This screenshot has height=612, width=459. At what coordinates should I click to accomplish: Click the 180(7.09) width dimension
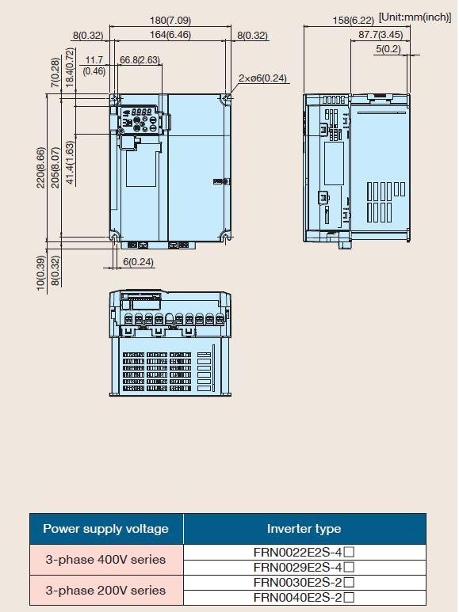(x=170, y=20)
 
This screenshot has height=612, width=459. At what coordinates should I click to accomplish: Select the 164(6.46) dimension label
(x=170, y=35)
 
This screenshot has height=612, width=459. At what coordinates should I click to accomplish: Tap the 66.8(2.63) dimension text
(x=140, y=59)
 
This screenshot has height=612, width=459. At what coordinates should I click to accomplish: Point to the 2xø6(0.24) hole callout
(x=262, y=78)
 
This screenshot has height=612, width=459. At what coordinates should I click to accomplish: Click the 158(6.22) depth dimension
(x=353, y=20)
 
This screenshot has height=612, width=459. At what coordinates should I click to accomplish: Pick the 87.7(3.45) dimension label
(x=381, y=35)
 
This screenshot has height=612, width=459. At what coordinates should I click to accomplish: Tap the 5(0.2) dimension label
(x=388, y=49)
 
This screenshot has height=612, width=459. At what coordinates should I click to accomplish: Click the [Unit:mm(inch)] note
(x=415, y=17)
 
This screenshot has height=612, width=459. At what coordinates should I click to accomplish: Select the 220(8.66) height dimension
(x=40, y=167)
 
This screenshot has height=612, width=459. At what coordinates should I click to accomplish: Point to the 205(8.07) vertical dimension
(x=55, y=167)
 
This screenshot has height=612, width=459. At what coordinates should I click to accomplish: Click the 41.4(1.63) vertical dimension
(x=70, y=163)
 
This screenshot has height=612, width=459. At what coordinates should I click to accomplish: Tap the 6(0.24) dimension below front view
(x=138, y=261)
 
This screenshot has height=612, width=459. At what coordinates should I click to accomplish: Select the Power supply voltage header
(x=105, y=529)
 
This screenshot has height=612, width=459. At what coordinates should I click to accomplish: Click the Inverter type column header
(x=304, y=529)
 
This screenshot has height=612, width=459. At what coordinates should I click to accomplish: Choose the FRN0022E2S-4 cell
(x=304, y=553)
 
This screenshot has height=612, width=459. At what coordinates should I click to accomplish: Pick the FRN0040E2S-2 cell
(x=304, y=598)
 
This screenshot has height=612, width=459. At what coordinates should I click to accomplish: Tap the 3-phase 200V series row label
(x=105, y=590)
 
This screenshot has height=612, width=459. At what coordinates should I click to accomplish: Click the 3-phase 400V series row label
(x=105, y=560)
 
